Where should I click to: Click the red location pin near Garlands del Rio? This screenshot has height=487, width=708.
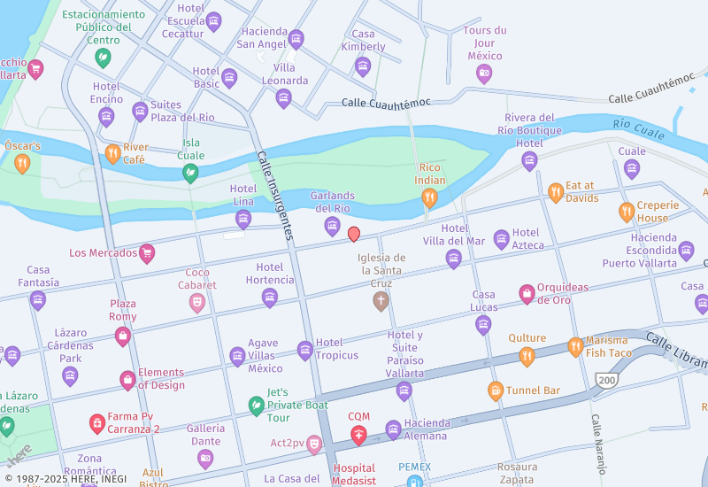(x=354, y=234)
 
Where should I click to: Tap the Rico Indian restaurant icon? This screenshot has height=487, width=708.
(x=429, y=198)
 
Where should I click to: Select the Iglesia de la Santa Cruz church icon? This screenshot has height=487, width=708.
(x=381, y=301)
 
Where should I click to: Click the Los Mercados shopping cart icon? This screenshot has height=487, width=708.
(x=147, y=254)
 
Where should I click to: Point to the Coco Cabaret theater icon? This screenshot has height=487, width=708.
(x=197, y=303)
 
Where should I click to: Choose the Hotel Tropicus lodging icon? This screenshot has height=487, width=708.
(x=305, y=350)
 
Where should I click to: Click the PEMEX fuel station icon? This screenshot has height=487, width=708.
(x=413, y=483)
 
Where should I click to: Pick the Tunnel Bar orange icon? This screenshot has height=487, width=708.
(x=496, y=390)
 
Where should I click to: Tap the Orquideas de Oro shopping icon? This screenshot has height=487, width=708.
(x=527, y=294)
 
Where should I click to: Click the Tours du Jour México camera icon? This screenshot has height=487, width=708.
(x=484, y=73)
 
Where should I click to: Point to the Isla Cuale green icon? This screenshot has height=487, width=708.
(x=190, y=173)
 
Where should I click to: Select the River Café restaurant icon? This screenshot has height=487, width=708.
(x=112, y=154)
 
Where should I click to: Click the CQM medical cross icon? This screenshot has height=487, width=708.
(x=358, y=434)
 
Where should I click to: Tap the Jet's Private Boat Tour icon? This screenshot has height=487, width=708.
(x=256, y=406)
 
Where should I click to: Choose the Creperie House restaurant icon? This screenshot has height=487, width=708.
(x=627, y=212)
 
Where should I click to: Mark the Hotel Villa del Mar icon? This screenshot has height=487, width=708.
(x=454, y=259)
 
